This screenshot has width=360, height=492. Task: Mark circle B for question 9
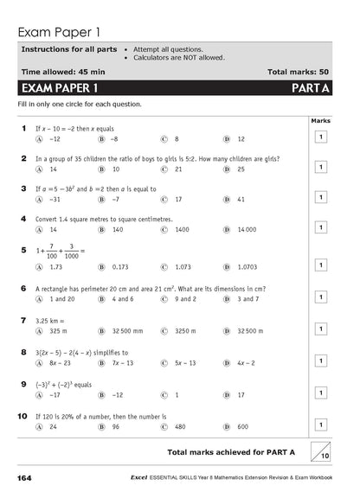click(101, 394)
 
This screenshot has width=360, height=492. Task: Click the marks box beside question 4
click(320, 227)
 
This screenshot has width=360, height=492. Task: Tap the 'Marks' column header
click(320, 120)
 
